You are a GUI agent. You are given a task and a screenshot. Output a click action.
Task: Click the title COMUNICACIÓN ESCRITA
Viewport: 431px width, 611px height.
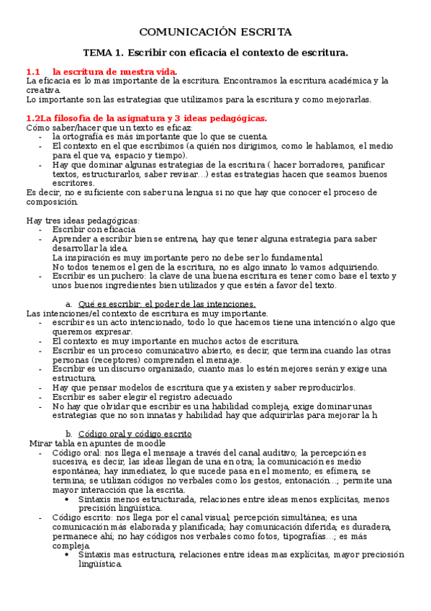215,32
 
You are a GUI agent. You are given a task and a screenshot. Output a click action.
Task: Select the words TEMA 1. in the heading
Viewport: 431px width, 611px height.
103,53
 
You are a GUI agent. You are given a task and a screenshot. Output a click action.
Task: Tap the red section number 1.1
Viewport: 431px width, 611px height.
33,72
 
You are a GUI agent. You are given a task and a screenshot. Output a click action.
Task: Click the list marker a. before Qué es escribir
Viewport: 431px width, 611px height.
69,304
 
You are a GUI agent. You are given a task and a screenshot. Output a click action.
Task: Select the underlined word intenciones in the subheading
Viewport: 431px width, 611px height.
227,304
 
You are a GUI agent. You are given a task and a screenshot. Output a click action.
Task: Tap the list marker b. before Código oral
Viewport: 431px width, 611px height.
69,434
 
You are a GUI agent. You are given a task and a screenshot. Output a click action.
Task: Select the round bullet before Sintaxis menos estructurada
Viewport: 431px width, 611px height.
67,499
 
